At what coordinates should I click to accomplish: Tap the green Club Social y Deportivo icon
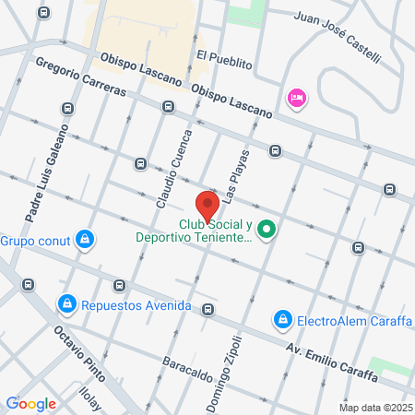267,229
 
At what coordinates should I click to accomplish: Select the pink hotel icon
296,98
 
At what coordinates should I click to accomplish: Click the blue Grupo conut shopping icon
85,241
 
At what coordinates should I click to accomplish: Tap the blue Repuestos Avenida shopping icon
66,303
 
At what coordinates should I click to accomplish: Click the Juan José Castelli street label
336,37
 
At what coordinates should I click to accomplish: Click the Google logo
31,403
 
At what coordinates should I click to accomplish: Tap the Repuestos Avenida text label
136,305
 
